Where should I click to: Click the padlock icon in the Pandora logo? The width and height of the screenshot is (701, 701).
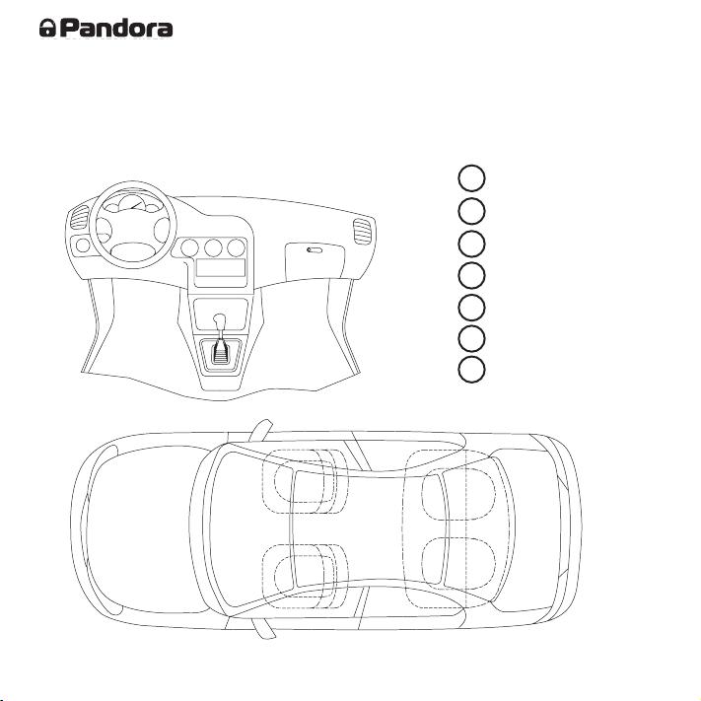47,28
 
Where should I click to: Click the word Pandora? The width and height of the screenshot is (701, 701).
116,28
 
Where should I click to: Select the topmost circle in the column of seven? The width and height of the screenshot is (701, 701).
471,177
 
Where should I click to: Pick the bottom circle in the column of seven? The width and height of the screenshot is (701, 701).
471,370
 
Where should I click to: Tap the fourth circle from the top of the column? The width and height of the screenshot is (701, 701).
471,274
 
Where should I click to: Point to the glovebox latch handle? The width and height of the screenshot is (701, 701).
315,249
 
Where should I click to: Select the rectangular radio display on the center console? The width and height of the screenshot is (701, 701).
221,267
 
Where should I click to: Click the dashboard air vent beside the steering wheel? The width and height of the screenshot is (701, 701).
80,218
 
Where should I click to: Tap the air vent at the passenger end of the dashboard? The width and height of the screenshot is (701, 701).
362,232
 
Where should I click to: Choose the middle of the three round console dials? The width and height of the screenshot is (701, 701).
213,247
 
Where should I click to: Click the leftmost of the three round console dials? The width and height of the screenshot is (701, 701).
189,247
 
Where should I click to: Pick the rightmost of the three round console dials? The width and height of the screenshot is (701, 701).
236,247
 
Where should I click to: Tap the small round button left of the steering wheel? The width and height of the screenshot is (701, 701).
83,245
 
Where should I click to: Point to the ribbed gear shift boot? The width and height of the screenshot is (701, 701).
219,352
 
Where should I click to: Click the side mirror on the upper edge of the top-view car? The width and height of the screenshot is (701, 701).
260,431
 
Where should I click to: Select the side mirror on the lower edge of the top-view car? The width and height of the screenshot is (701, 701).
262,628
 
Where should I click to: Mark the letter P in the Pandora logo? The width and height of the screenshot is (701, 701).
68,28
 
